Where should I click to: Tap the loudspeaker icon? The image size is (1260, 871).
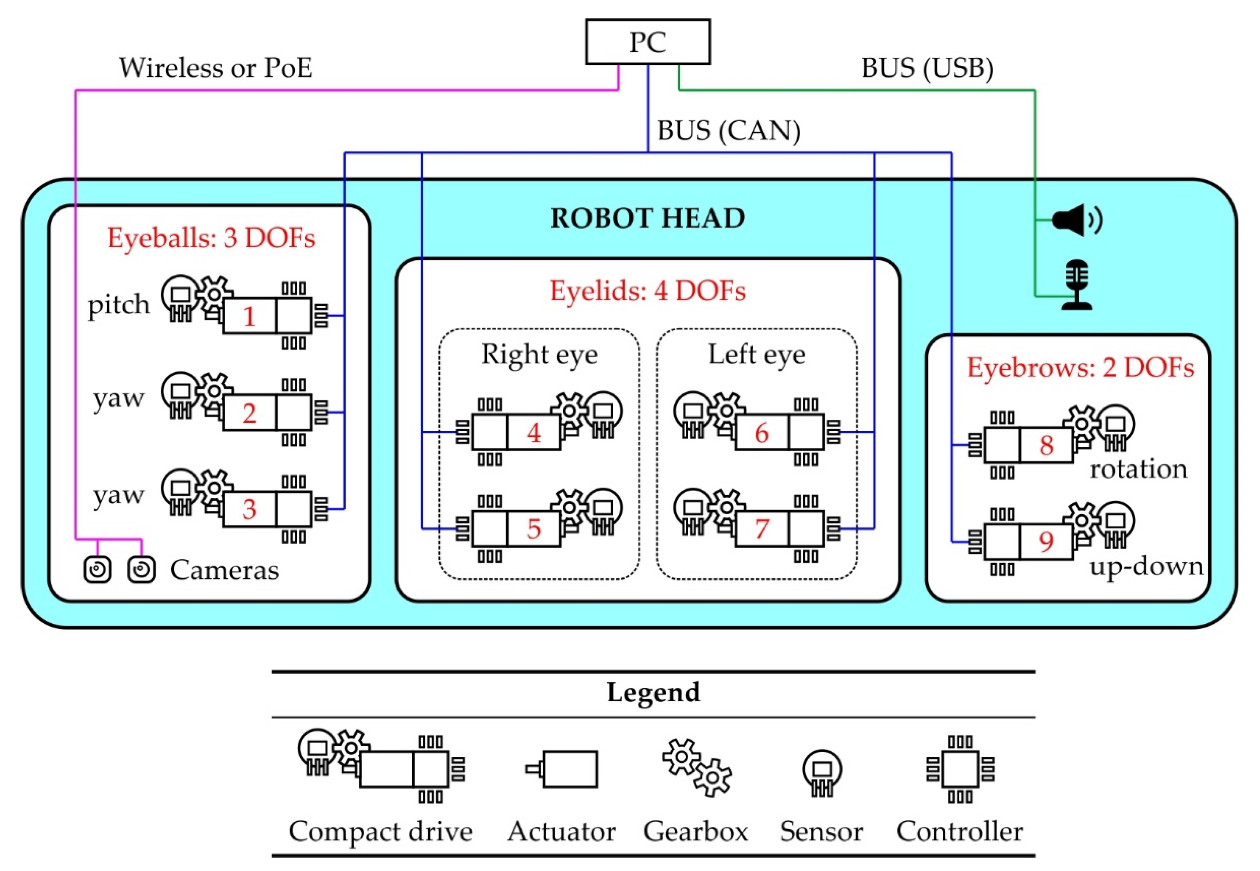pos(1077,220)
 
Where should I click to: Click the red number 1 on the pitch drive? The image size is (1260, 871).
pos(250,316)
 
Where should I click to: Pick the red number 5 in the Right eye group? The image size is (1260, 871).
pos(534,528)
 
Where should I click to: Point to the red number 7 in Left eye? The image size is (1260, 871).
pos(762,528)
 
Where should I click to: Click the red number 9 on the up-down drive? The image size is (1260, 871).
pos(1046,541)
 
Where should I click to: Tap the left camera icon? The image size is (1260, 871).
pos(98,570)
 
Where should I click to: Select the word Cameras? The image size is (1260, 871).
pos(224,570)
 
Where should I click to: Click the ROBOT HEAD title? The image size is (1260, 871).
pos(648,218)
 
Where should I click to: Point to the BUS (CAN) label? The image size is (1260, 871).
pos(729,131)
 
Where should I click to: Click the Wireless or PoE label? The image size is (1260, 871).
pos(216,68)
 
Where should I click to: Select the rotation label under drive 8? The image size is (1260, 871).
pos(1138,469)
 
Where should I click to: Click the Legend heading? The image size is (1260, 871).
pos(653,692)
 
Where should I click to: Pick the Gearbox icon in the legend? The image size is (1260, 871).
pos(696,768)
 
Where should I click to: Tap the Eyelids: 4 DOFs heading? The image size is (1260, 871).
pos(648,290)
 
